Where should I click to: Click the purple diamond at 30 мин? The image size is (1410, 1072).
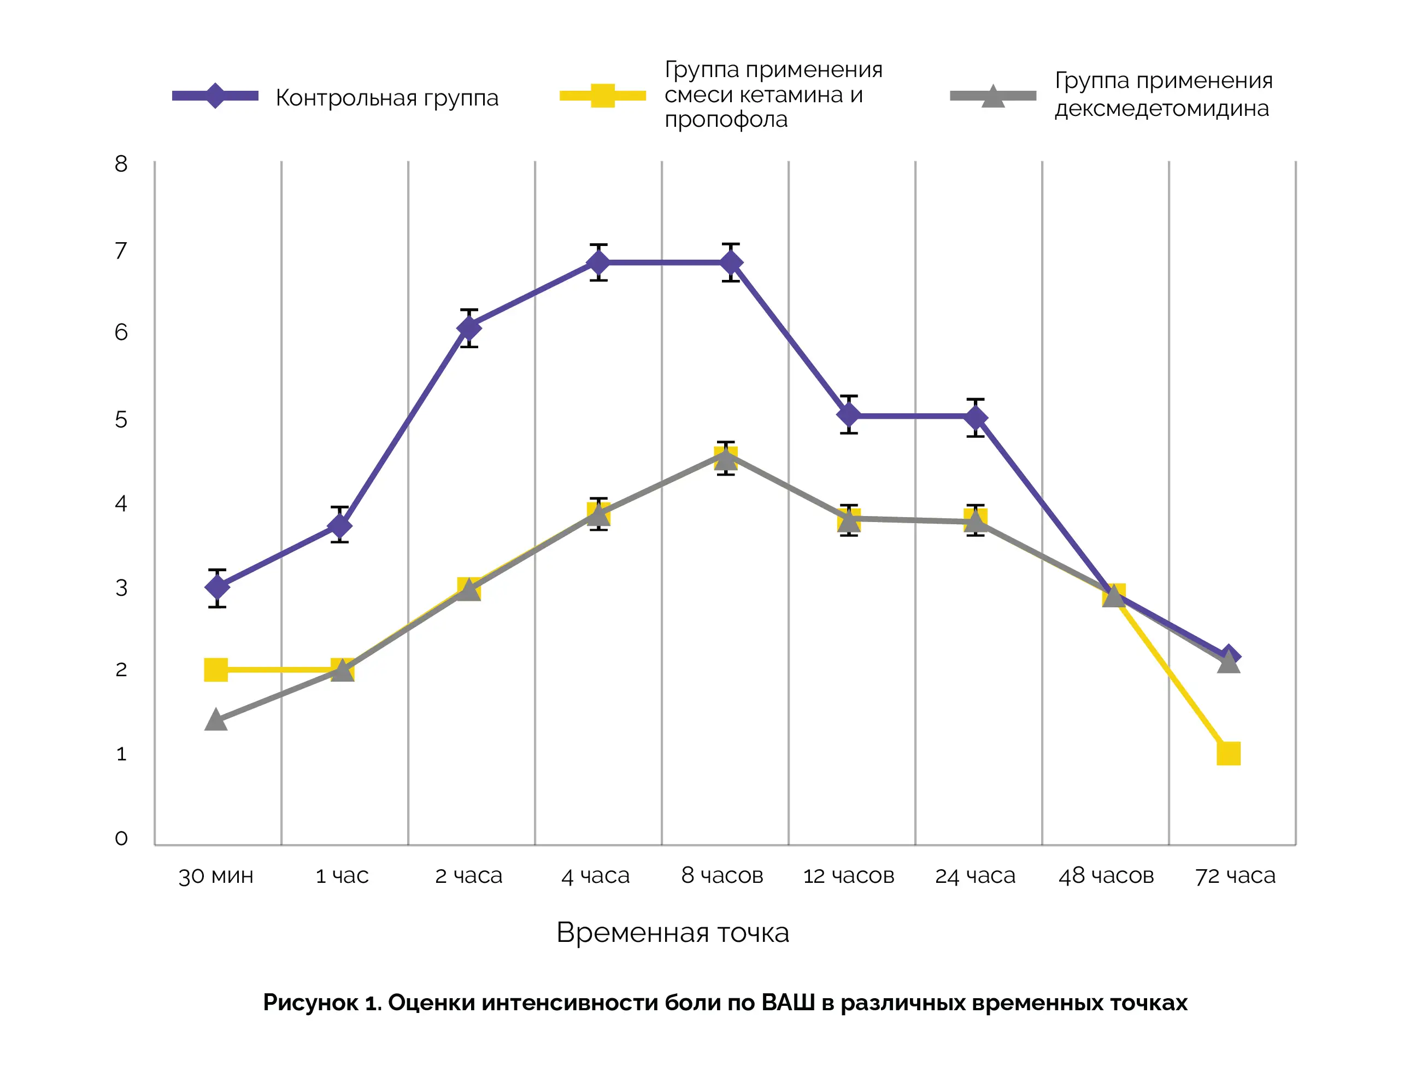217,587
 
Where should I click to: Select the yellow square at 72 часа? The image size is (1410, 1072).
1228,754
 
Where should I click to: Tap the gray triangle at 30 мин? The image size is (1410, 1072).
216,720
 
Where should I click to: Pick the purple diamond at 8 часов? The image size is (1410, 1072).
731,262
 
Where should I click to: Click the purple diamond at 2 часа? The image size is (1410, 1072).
469,328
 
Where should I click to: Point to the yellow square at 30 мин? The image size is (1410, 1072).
216,669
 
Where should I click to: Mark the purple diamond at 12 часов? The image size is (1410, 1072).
849,415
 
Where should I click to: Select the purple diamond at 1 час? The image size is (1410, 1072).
339,525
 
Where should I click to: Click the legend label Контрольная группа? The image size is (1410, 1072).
386,98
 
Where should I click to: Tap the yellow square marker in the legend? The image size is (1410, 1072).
602,96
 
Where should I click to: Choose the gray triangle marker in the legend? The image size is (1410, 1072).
993,96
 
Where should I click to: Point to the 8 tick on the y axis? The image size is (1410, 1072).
121,164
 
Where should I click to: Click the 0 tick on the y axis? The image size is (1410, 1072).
121,838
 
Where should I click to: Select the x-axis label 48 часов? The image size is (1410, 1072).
1106,875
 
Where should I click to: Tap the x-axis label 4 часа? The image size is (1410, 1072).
595,875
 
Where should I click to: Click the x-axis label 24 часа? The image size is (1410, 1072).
975,875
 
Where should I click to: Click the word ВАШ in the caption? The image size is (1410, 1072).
788,1003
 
